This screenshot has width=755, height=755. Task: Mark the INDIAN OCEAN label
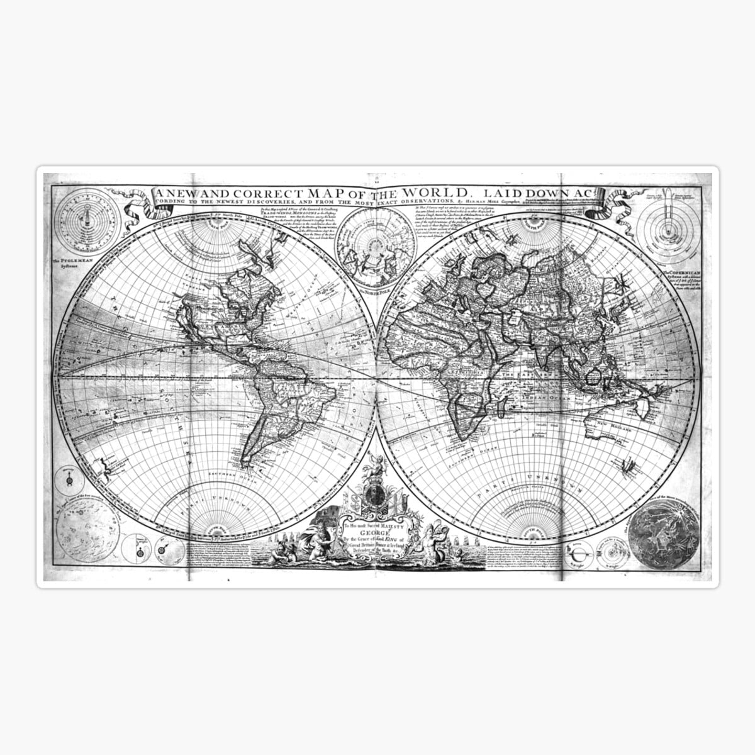tap(542, 398)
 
